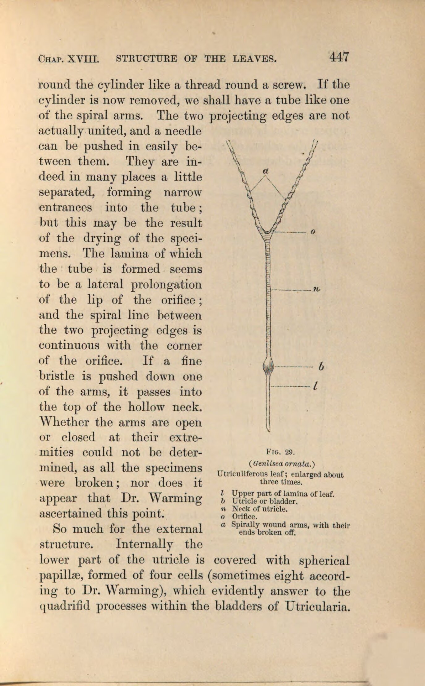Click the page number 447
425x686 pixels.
[x=339, y=57]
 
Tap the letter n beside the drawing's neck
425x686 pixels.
[x=316, y=289]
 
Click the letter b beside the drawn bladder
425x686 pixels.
[x=321, y=367]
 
